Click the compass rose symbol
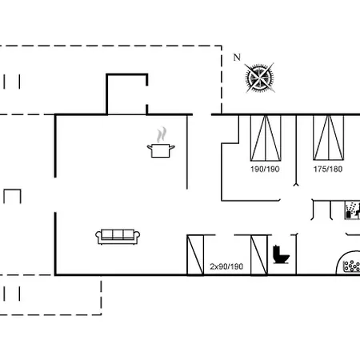click(259, 78)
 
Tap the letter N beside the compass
click(237, 58)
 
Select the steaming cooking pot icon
click(161, 142)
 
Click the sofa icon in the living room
click(118, 237)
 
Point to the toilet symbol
click(281, 254)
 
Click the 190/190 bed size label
click(265, 169)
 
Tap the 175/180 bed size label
click(328, 169)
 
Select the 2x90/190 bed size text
click(226, 266)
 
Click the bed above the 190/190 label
click(266, 138)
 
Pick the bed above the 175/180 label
click(329, 138)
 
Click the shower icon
click(352, 210)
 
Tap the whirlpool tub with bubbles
click(348, 262)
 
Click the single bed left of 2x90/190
click(195, 254)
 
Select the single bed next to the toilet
click(259, 254)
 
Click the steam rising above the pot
click(162, 135)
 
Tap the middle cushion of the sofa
click(118, 234)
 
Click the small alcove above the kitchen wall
click(127, 94)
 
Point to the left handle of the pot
click(149, 146)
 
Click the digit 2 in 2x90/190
click(212, 266)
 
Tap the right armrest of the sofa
click(137, 234)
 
